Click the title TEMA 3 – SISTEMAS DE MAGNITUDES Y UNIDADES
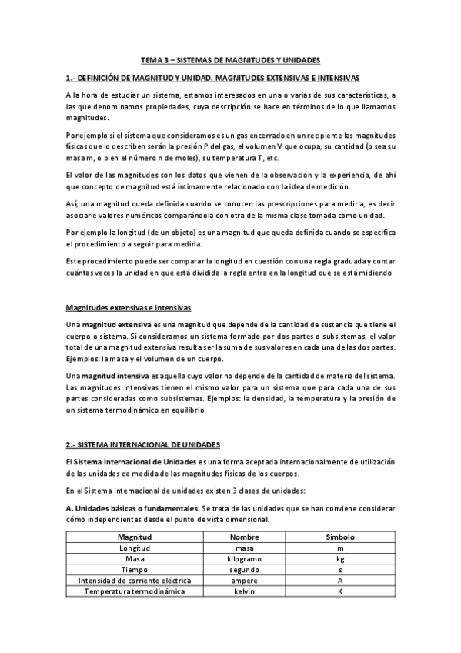230,59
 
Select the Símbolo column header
339,536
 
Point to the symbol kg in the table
339,558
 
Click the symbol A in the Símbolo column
339,580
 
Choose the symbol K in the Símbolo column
339,591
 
